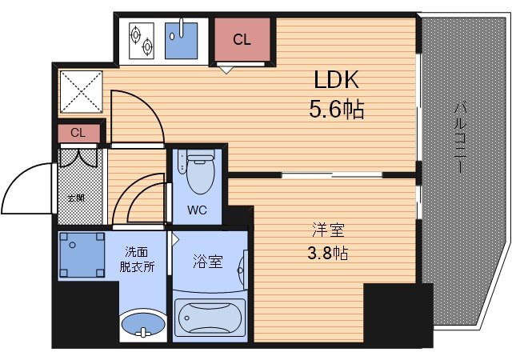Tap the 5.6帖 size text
click(x=336, y=108)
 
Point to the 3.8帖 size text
click(x=329, y=254)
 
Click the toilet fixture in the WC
click(x=196, y=171)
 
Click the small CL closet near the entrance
click(x=78, y=133)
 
